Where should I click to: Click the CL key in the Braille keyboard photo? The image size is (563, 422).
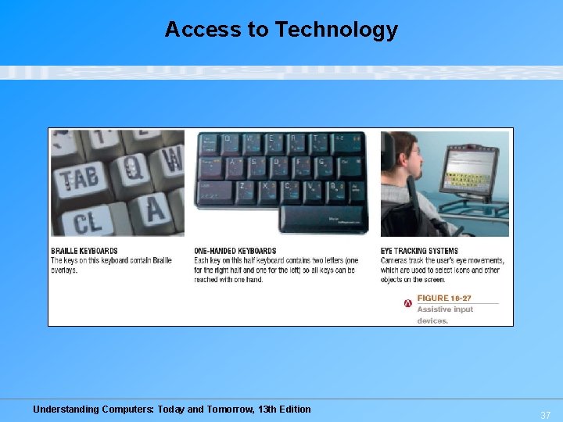pos(87,221)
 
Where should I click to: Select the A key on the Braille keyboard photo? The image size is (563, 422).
pos(155,209)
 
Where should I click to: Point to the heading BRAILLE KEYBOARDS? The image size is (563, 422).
pos(84,251)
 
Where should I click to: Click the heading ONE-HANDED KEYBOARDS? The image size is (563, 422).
pos(235,251)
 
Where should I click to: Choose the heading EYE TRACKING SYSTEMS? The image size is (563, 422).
pos(419,251)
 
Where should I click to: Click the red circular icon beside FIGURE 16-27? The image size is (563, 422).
pos(407,302)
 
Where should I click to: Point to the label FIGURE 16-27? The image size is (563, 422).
pos(444,298)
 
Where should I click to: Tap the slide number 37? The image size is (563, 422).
pos(545,415)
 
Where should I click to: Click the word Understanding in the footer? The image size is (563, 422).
pos(66,409)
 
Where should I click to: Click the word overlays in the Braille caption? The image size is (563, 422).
pos(64,270)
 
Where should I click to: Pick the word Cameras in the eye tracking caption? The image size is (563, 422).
pos(396,261)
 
